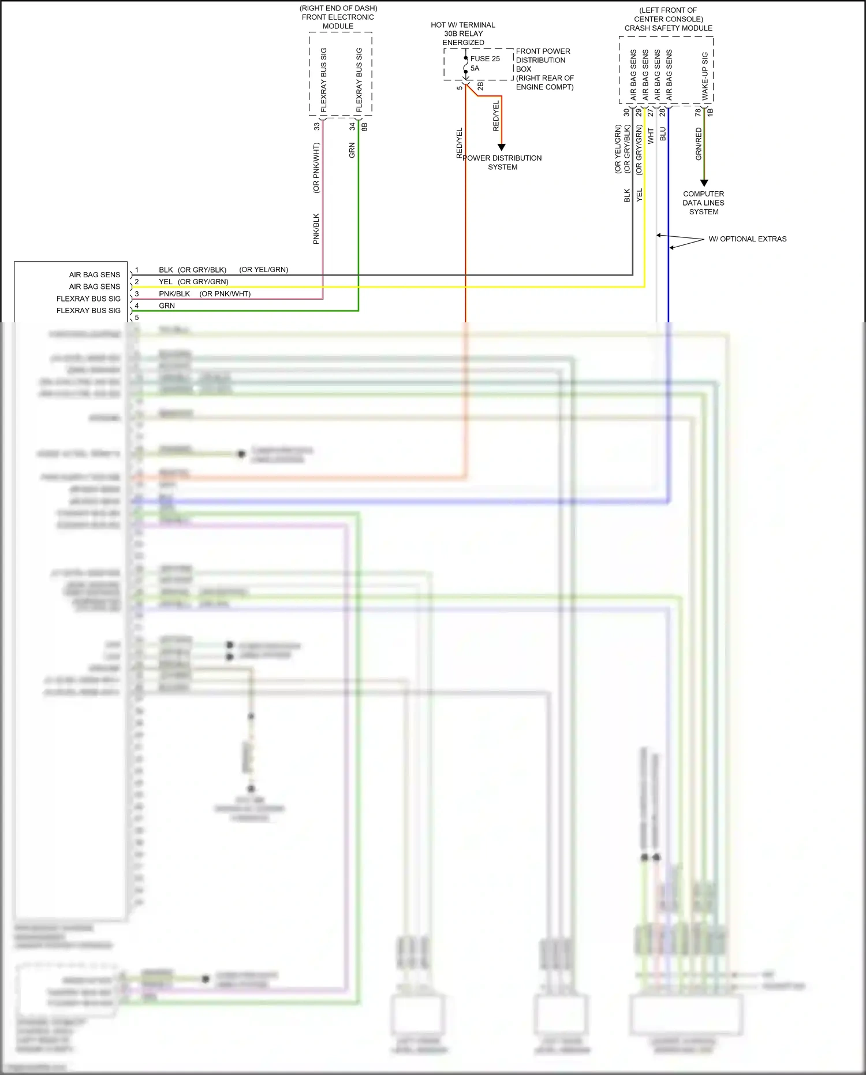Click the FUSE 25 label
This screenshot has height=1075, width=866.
point(484,58)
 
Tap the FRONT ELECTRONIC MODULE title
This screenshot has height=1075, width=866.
point(338,17)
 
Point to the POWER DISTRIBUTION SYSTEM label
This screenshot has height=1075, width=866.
point(502,162)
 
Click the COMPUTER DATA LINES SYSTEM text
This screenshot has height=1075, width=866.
point(703,203)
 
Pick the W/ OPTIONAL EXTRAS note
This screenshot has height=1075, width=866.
point(747,239)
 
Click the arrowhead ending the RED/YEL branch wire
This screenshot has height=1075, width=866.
point(501,147)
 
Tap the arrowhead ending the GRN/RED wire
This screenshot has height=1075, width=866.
point(704,183)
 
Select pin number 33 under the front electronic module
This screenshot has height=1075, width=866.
point(316,126)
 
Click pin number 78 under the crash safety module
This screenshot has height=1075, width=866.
point(697,112)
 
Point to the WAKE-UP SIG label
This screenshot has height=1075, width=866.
point(705,76)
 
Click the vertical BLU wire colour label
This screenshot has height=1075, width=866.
point(663,134)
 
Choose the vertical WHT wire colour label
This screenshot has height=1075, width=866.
point(651,136)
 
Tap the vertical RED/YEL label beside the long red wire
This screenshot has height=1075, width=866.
point(460,143)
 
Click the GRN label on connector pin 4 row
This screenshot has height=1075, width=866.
point(167,306)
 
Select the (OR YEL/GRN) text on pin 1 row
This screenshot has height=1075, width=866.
point(263,270)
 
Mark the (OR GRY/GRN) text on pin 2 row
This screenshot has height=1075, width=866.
point(203,282)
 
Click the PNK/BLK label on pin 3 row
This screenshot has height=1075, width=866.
point(174,293)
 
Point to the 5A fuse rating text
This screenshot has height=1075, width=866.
point(475,68)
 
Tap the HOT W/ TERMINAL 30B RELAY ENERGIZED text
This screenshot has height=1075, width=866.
point(463,34)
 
